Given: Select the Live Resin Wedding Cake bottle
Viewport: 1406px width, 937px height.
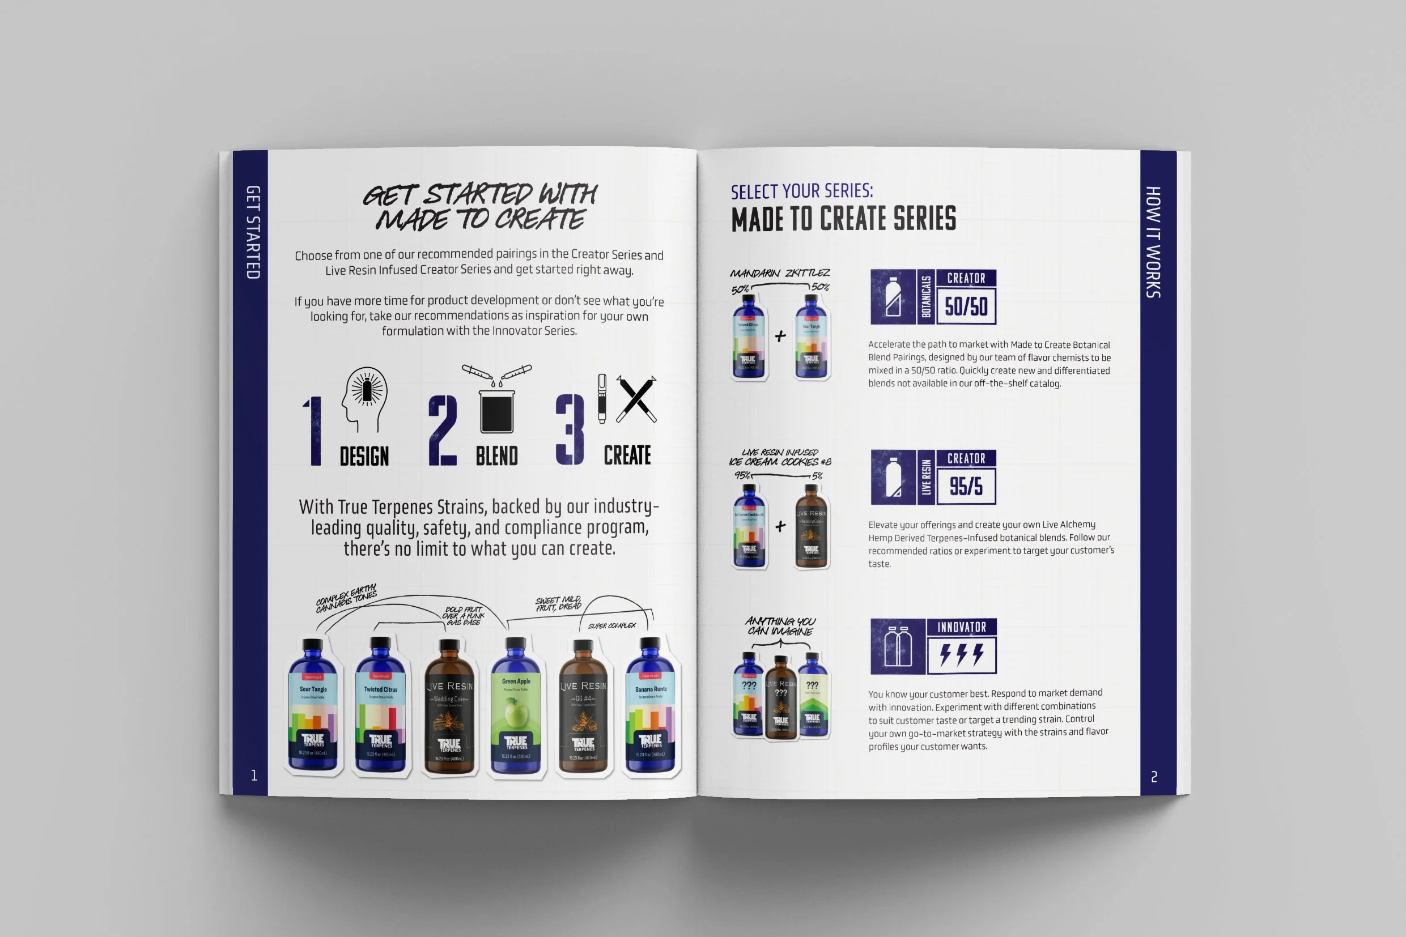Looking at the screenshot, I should click(x=449, y=711).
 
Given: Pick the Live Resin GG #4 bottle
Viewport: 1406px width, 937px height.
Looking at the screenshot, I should click(x=583, y=711).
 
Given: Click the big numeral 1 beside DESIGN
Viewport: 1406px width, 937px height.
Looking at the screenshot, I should click(x=314, y=430).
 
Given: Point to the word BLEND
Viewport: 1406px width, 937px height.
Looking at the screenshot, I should click(x=497, y=457).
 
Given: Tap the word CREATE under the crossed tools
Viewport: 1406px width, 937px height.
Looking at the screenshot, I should click(x=627, y=455).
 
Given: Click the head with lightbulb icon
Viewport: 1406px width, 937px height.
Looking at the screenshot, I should click(x=364, y=397).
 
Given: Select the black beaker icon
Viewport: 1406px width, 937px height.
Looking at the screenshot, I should click(x=497, y=411).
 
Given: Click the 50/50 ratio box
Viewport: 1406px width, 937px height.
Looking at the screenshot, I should click(x=966, y=306).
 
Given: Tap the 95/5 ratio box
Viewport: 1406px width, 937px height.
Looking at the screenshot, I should click(x=966, y=486).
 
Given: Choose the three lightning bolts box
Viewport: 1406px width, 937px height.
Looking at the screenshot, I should click(x=961, y=655).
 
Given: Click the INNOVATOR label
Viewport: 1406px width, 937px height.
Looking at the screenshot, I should click(x=961, y=627).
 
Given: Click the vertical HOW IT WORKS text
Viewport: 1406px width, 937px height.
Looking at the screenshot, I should click(x=1153, y=242).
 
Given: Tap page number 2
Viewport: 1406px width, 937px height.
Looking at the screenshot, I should click(x=1154, y=777).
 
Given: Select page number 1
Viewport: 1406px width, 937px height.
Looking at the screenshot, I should click(x=254, y=776).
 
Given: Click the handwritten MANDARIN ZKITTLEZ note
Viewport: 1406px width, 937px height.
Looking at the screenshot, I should click(x=780, y=273).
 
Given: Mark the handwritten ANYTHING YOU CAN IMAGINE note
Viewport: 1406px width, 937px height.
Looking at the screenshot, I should click(x=780, y=626).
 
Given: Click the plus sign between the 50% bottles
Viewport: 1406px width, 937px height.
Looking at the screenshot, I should click(x=780, y=337).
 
